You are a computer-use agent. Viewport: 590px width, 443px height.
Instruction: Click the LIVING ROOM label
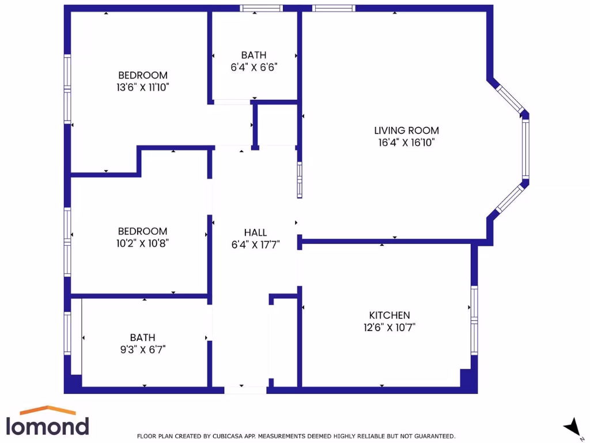click(406, 130)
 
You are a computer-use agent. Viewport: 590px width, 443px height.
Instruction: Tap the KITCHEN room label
click(389, 315)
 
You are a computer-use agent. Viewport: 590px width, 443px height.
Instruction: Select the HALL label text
click(255, 232)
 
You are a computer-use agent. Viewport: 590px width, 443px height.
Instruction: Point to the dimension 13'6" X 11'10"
click(142, 87)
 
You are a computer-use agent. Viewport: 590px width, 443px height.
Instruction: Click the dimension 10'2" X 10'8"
click(142, 243)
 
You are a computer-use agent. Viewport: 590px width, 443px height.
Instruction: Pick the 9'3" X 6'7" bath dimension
click(142, 349)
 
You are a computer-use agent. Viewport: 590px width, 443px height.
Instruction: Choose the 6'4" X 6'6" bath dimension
click(254, 67)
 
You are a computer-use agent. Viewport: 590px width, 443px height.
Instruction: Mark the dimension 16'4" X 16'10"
click(406, 142)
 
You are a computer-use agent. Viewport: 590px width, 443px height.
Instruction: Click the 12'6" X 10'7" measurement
click(389, 327)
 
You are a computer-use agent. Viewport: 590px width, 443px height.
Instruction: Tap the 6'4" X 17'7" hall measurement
click(255, 244)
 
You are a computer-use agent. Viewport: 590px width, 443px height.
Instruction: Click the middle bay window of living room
click(525, 147)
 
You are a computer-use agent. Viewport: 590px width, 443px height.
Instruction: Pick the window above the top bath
click(261, 8)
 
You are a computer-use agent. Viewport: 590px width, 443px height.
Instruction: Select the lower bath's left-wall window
click(67, 333)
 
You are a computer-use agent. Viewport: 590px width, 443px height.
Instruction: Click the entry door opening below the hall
click(245, 390)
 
